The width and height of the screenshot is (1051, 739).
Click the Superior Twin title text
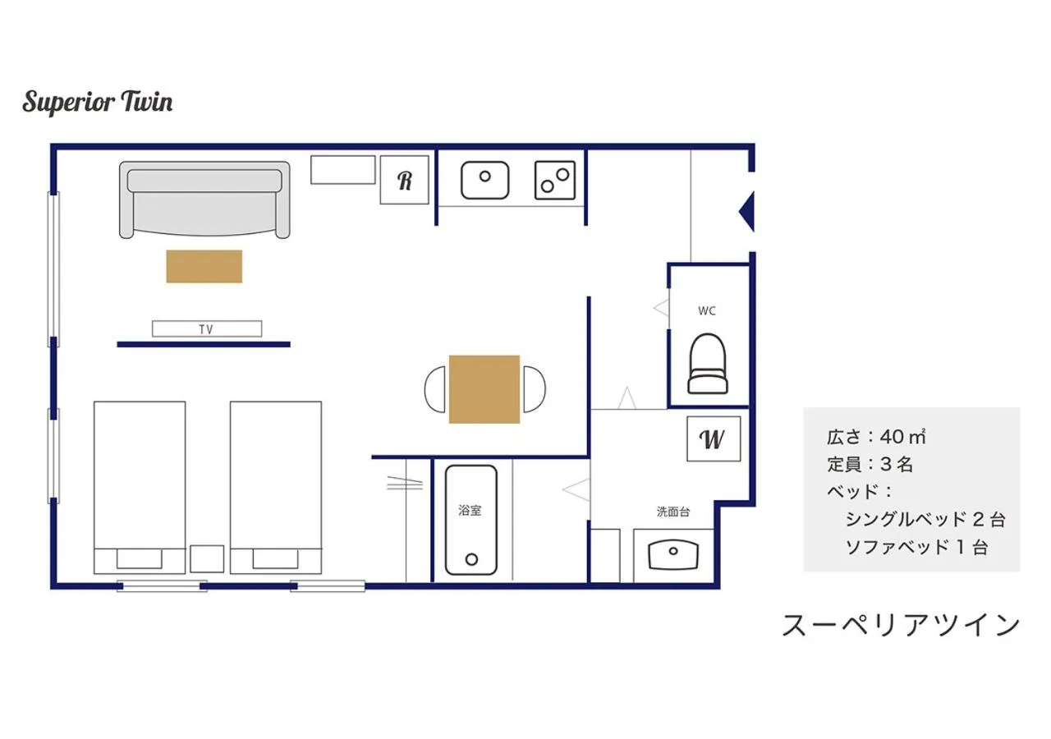(x=98, y=103)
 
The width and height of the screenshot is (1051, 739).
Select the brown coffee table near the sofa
(x=204, y=266)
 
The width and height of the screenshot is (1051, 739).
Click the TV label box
(x=207, y=328)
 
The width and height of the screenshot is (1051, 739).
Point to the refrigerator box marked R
(x=404, y=180)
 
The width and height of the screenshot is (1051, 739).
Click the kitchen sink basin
(x=484, y=180)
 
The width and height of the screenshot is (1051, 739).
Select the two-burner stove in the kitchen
(x=555, y=180)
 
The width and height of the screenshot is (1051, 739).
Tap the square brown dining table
(x=484, y=389)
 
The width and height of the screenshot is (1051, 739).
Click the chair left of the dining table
(x=434, y=389)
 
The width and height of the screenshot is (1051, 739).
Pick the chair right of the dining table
(x=535, y=389)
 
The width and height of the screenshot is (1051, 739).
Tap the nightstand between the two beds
(x=207, y=558)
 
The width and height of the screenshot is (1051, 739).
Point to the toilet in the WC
(x=708, y=364)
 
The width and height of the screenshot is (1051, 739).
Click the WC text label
(x=707, y=311)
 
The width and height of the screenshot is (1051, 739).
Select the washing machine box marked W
(x=714, y=439)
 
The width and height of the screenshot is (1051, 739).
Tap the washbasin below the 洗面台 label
(x=672, y=554)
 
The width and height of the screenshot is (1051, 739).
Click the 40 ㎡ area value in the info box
(x=903, y=436)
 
